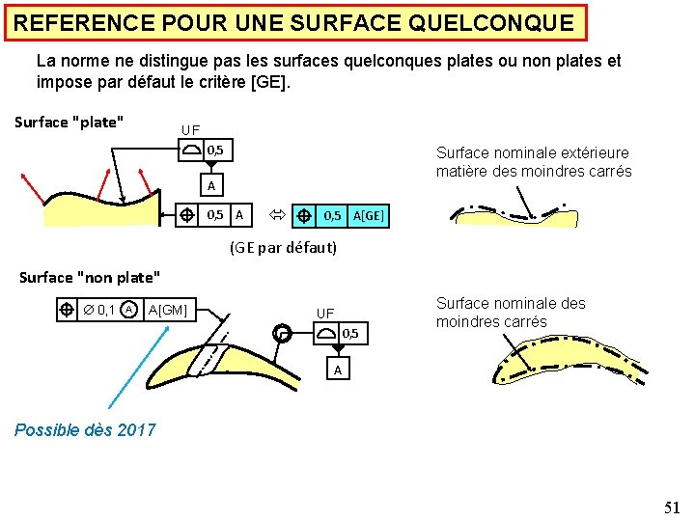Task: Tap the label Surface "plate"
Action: pos(69,123)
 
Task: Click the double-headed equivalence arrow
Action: pos(274,215)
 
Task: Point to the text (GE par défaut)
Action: pos(283,247)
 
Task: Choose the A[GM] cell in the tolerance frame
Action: pos(168,309)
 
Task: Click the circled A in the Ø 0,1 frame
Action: pos(128,309)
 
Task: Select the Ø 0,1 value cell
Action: pos(98,309)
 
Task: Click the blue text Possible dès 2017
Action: pos(85,430)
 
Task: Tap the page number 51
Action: pos(672,507)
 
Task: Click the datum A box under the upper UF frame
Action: pos(211,184)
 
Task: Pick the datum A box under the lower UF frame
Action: pos(337,370)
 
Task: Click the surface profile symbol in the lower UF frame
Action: pos(326,333)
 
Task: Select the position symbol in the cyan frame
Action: pos(303,215)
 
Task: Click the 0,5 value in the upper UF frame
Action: pos(215,150)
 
